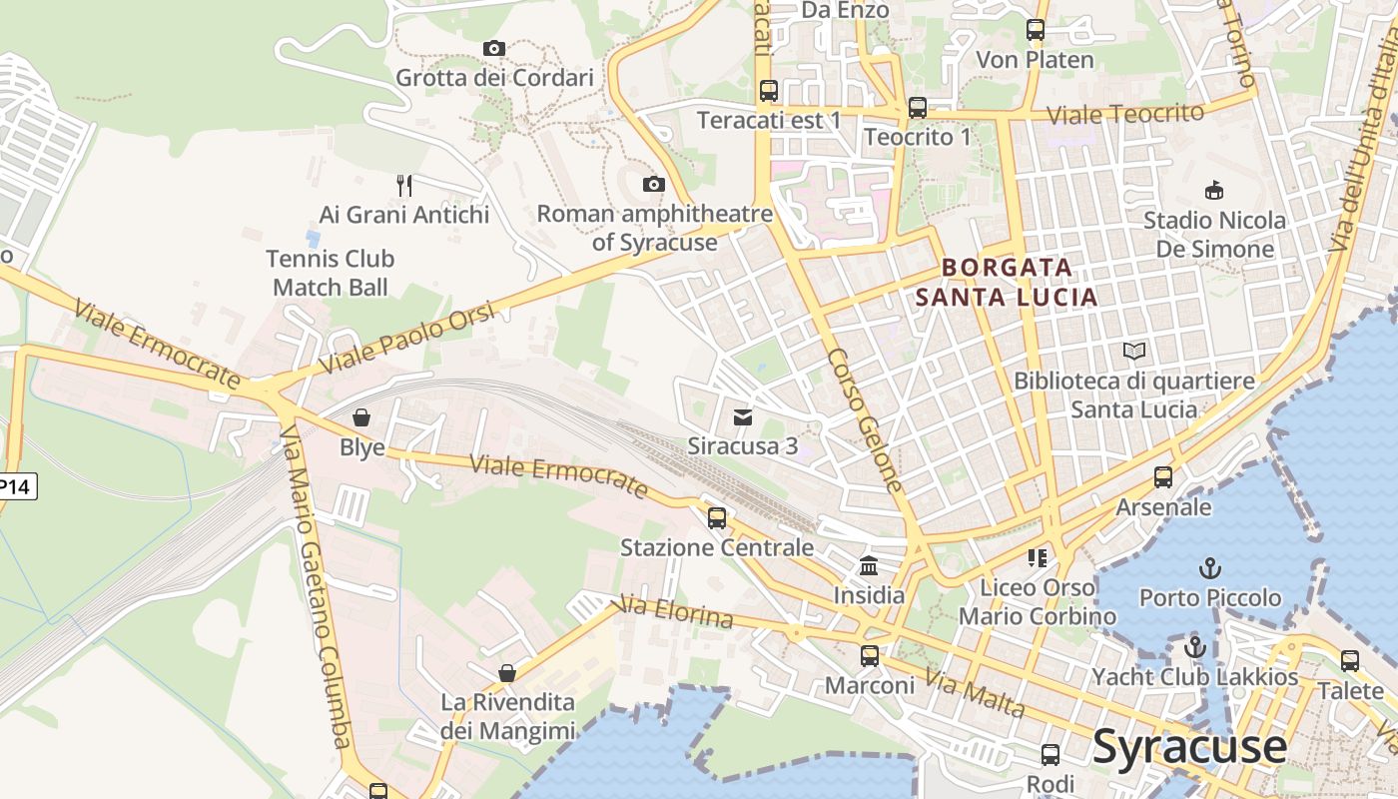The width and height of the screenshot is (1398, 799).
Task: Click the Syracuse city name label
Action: click(1189, 747)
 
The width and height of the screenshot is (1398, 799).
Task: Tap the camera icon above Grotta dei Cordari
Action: click(493, 48)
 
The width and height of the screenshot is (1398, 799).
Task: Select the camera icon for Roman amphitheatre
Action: click(654, 184)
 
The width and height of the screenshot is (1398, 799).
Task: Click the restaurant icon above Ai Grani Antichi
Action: click(404, 185)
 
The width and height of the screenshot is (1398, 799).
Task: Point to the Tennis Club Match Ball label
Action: click(331, 273)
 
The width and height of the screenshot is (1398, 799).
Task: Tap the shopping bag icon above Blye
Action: click(361, 417)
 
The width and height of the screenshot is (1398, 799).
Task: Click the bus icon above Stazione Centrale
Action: click(717, 518)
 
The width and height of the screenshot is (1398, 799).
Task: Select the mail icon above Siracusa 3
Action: click(742, 416)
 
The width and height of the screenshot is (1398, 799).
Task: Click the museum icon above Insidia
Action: click(869, 566)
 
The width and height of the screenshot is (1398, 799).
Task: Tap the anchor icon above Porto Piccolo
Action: click(1210, 568)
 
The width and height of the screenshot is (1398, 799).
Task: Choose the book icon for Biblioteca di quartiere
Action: click(1134, 352)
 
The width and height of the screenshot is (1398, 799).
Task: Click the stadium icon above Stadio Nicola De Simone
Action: click(1214, 190)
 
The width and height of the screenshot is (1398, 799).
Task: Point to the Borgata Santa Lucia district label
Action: click(1007, 282)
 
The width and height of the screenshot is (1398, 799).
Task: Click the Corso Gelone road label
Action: click(865, 420)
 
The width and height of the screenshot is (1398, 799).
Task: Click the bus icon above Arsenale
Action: click(1163, 477)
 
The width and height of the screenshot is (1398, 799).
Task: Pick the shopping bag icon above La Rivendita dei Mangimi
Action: click(507, 673)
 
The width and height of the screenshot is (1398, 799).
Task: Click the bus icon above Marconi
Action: click(870, 656)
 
